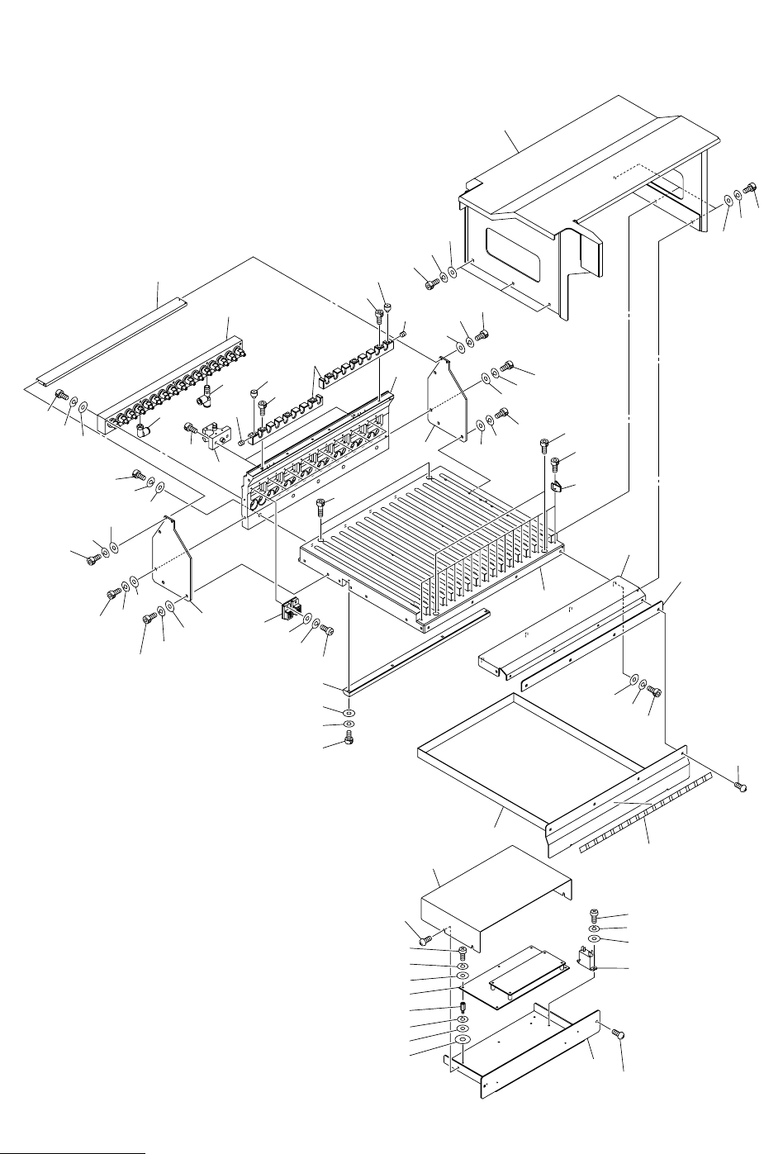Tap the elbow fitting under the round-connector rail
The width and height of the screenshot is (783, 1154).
(x=143, y=428)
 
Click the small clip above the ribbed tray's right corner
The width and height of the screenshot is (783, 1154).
(x=556, y=486)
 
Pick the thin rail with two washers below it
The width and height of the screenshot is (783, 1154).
(x=417, y=648)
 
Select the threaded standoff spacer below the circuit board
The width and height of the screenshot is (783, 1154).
(x=464, y=1009)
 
